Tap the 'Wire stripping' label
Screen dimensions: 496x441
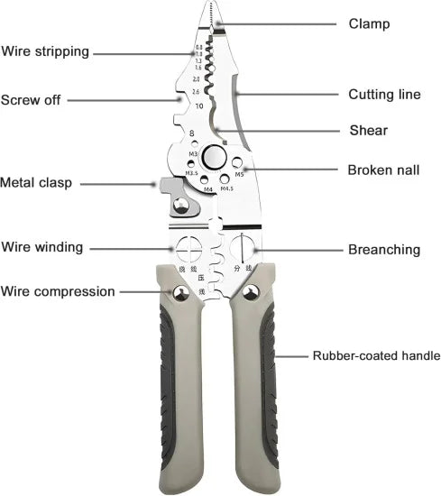(45, 51)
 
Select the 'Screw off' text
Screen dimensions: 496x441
(31, 100)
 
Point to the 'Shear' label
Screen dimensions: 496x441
(368, 131)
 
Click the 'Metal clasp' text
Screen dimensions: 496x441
(36, 182)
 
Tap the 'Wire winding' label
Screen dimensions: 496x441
(42, 246)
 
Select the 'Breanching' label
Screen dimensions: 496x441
(384, 249)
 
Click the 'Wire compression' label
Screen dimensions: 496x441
(58, 291)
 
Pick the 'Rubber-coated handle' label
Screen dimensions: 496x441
(376, 356)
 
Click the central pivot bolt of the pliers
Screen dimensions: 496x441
(215, 156)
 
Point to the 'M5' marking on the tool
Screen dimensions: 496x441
(240, 175)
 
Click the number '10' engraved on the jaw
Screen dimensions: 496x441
(198, 106)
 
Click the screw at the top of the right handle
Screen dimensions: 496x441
(251, 291)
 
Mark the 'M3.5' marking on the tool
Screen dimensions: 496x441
(192, 173)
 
